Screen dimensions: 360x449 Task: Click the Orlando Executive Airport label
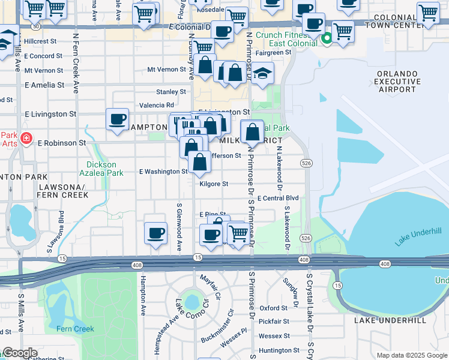pos(396,82)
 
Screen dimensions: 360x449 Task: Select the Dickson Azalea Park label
pos(105,169)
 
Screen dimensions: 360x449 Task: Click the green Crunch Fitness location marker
pos(327,40)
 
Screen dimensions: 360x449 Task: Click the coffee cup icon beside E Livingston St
pos(118,118)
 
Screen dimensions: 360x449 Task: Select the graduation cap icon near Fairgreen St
pos(262,74)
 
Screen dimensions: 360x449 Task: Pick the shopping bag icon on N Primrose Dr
pos(253,131)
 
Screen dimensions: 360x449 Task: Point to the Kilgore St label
pos(214,184)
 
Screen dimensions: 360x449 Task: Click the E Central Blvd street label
pos(277,198)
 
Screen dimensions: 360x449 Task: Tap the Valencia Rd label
pos(157,105)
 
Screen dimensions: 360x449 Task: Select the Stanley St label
pos(171,92)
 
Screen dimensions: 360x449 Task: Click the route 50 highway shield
pos(36,27)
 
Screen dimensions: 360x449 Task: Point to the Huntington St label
pos(279,350)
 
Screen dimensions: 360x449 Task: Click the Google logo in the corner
pos(20,353)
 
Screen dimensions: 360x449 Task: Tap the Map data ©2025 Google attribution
pos(411,355)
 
